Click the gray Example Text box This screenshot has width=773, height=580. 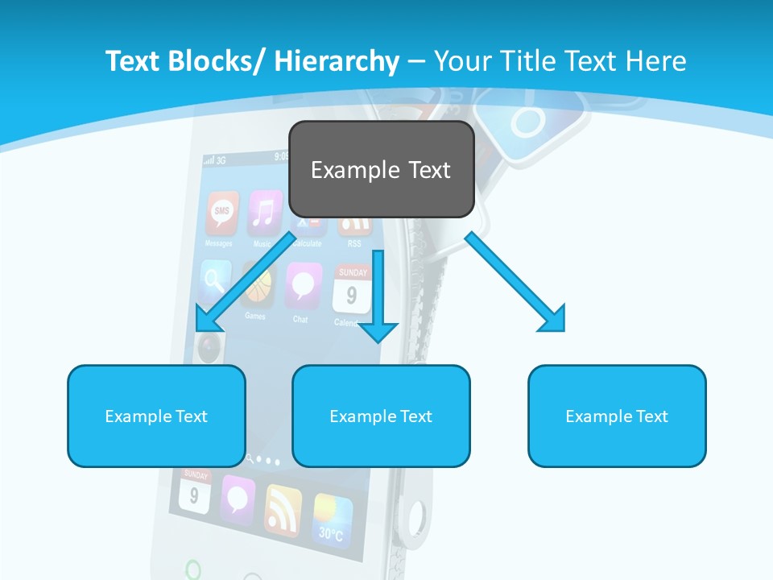pyautogui.click(x=381, y=169)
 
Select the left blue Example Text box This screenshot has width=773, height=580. pyautogui.click(x=156, y=416)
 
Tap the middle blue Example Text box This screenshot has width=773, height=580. pyautogui.click(x=381, y=416)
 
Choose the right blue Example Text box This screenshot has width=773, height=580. pyautogui.click(x=617, y=416)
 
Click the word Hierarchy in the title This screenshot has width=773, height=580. pyautogui.click(x=337, y=61)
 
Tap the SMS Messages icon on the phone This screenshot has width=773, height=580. pyautogui.click(x=221, y=212)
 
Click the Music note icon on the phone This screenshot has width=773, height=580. pyautogui.click(x=263, y=211)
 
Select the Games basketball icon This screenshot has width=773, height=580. pyautogui.click(x=257, y=287)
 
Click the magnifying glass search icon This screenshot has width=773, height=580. pyautogui.click(x=215, y=282)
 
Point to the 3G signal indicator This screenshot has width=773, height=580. pyautogui.click(x=216, y=159)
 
